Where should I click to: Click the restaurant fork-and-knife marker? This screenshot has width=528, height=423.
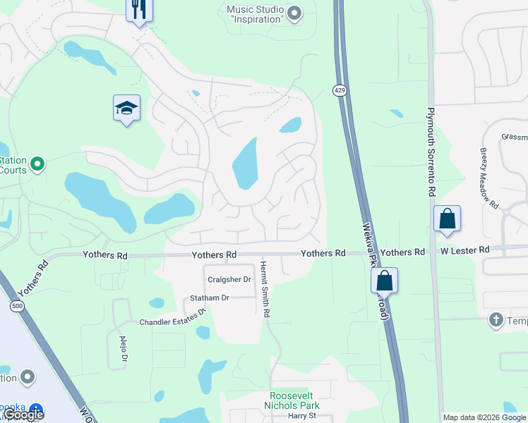pos(139,10)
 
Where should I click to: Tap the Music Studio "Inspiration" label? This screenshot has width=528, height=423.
pos(255,14)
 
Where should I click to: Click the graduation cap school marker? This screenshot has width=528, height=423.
pos(126,109)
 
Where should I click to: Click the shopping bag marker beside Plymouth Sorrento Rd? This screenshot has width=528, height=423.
pos(448,219)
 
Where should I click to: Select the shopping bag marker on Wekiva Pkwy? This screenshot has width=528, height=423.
pos(384,280)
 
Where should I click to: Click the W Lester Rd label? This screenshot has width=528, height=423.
pos(465,250)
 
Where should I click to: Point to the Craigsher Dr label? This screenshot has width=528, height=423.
pos(229,280)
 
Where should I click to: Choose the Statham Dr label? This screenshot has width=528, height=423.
pos(210,298)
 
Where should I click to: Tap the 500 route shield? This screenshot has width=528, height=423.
pos(16,306)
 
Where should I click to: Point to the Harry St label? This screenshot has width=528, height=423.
pos(301,416)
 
